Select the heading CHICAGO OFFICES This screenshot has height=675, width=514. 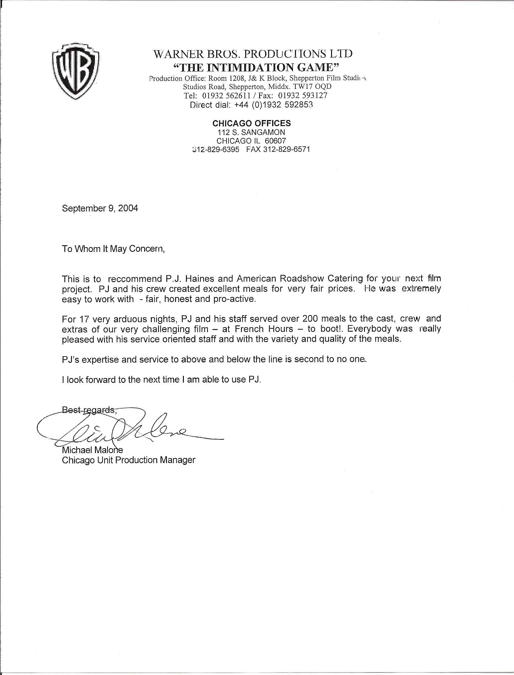252,123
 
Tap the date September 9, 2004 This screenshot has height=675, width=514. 100,208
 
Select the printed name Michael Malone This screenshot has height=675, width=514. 93,450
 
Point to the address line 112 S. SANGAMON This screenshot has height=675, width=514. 251,132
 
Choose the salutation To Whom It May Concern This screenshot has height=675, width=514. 113,249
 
